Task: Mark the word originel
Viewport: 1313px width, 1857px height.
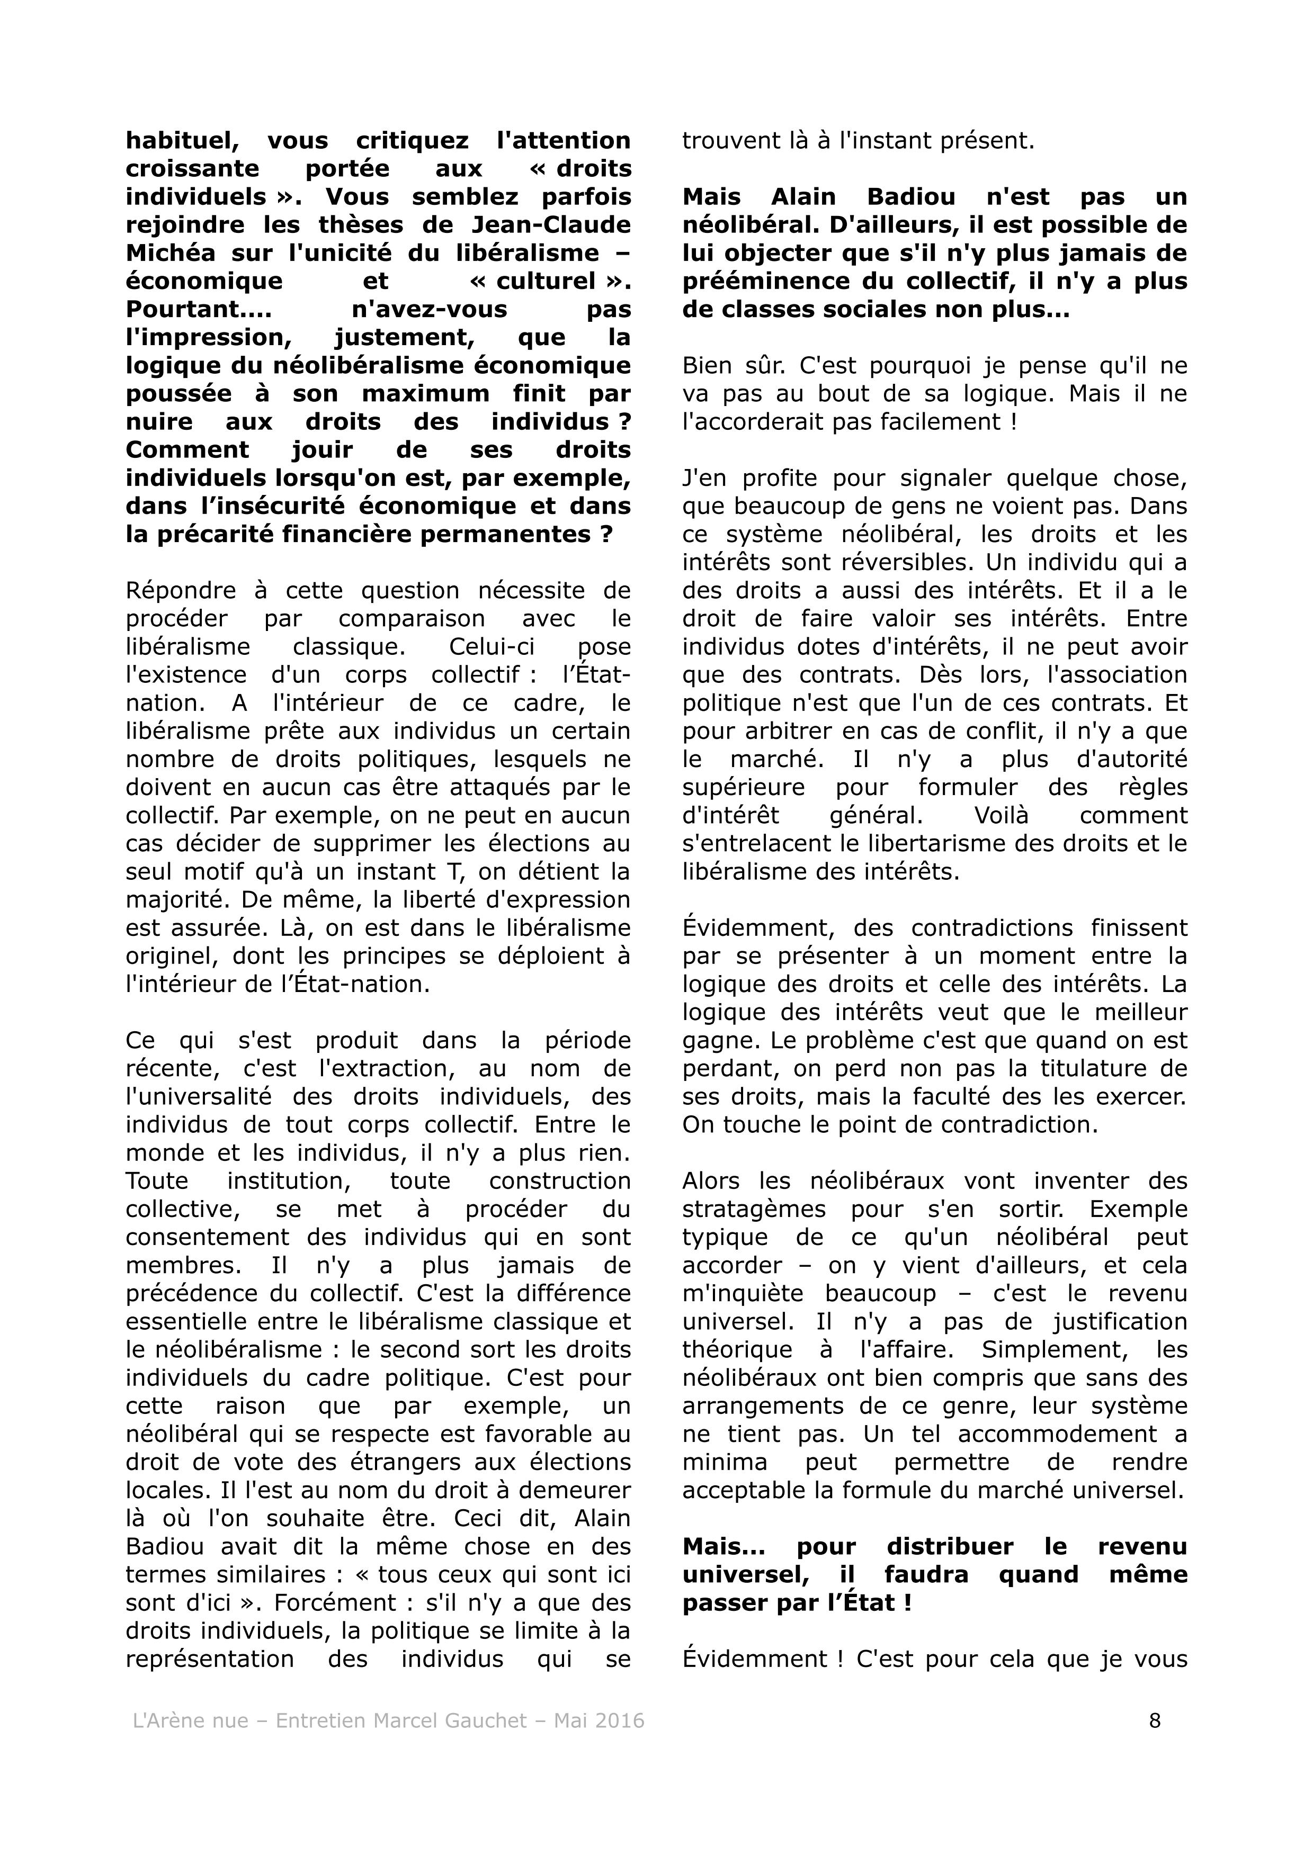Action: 172,956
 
